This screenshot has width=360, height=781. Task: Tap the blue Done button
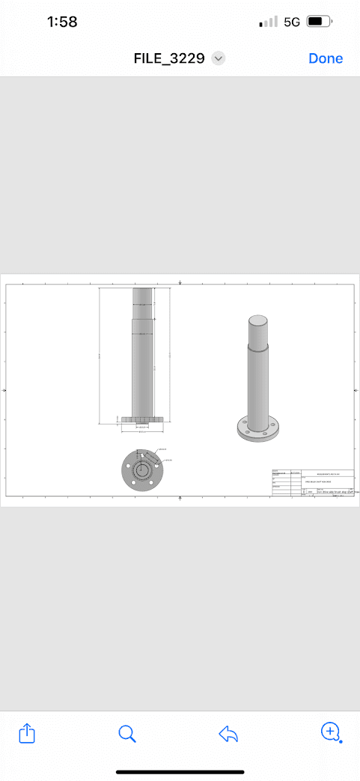tap(326, 58)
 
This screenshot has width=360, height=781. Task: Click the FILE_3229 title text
tap(169, 58)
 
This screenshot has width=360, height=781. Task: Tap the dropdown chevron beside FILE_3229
tap(219, 58)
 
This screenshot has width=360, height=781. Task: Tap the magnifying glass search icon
tap(127, 733)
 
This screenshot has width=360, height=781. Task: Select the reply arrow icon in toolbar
tap(228, 734)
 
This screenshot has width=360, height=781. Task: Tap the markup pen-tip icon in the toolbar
tap(330, 732)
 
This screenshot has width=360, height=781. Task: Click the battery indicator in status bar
tap(319, 22)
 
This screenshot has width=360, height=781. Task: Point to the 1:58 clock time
tap(62, 22)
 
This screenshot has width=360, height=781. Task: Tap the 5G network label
tap(292, 22)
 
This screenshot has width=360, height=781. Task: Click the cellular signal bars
tap(268, 22)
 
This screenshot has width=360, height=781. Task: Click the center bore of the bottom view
tap(141, 470)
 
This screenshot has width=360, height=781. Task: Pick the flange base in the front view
tap(142, 420)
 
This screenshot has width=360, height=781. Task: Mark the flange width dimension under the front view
tap(142, 428)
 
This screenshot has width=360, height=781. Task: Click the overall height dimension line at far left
tap(100, 356)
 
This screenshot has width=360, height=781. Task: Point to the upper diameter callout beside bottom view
tap(162, 450)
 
